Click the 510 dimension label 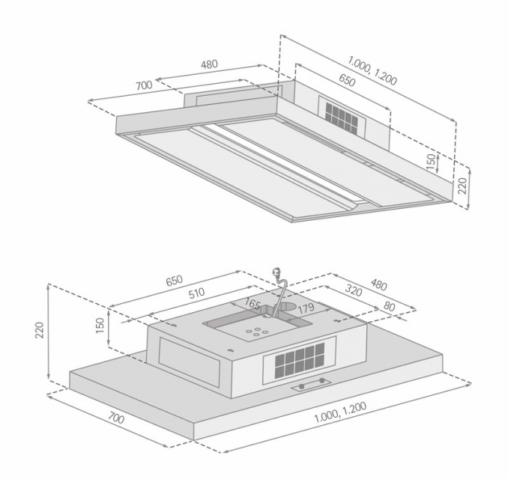pos(196,293)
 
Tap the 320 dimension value pos(353,290)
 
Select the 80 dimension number pos(389,306)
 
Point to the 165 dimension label pos(253,304)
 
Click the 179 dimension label pos(306,308)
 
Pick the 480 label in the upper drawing pos(209,64)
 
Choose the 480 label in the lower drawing pos(378,284)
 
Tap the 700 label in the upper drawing pos(144,85)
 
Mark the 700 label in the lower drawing pos(116,418)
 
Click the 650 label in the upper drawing pos(347,80)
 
